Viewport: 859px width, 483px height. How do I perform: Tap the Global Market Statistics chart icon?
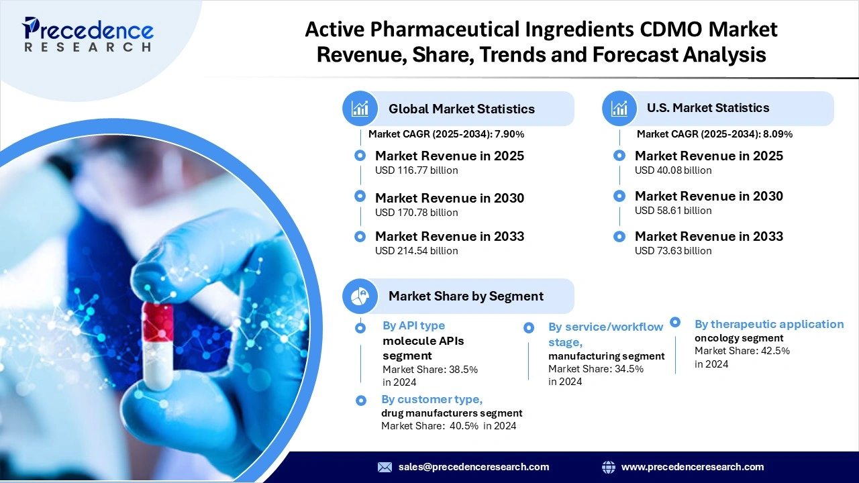(x=360, y=109)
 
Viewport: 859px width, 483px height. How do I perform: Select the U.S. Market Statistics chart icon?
(x=619, y=108)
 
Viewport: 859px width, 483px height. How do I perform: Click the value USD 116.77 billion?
(x=416, y=170)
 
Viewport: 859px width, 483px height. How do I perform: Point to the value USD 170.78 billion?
(x=416, y=213)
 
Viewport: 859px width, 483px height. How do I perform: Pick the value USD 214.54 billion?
(x=416, y=251)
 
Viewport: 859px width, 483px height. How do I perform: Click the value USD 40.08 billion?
(x=673, y=170)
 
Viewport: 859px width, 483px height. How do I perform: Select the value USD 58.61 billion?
(x=673, y=211)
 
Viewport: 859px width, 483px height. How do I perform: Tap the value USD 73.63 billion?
(x=673, y=251)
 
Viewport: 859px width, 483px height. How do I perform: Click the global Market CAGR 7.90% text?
(x=446, y=134)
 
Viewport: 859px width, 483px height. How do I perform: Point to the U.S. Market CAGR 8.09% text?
(x=714, y=134)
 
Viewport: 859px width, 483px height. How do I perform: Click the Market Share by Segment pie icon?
(x=360, y=296)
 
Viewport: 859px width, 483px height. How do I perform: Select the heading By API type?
(x=413, y=325)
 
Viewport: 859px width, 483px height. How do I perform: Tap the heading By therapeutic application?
(x=769, y=324)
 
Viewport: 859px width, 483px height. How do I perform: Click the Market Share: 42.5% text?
(x=742, y=351)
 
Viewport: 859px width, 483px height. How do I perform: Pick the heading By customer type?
(x=432, y=399)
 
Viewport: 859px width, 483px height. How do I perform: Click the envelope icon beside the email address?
(x=385, y=467)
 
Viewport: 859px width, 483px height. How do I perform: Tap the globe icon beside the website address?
(x=609, y=467)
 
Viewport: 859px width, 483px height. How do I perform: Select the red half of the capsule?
(x=158, y=321)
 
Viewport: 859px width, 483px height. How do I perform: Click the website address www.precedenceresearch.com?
(x=693, y=467)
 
